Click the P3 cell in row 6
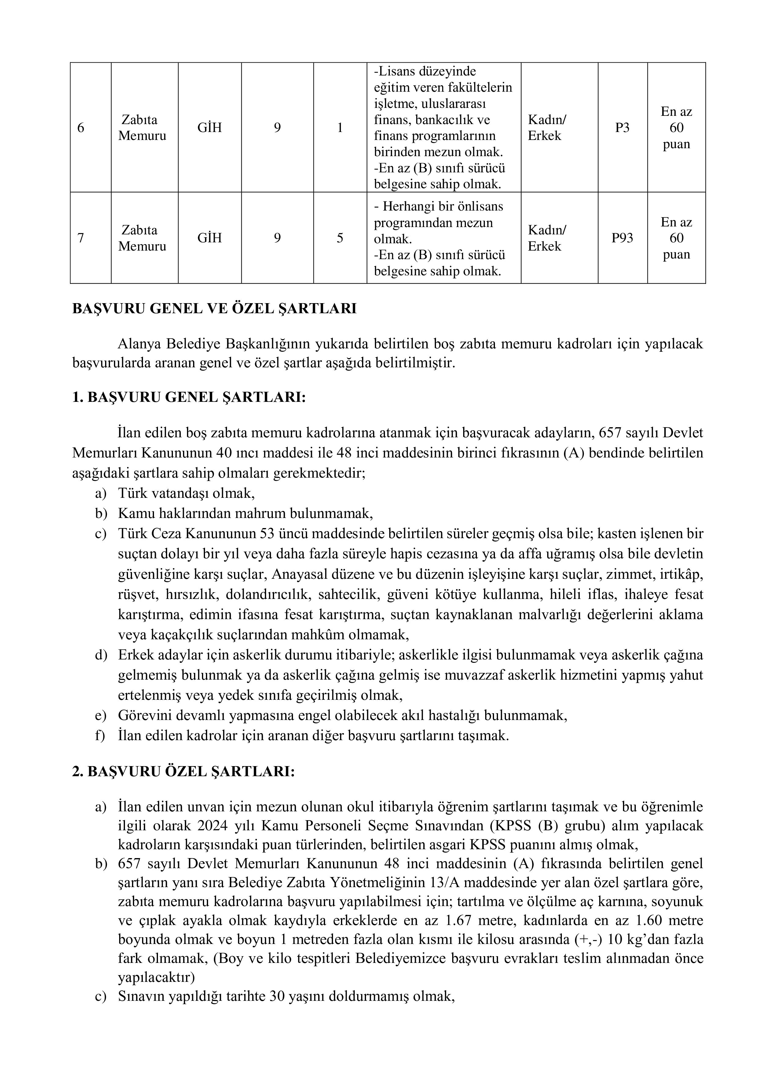tap(622, 127)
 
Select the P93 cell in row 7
tap(622, 238)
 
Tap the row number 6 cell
tap(81, 127)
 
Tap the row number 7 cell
tap(81, 238)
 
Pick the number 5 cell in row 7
tap(340, 238)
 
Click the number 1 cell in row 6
tap(340, 127)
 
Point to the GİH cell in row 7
tap(210, 238)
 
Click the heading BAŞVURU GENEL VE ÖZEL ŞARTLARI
tap(214, 309)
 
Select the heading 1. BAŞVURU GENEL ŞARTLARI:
tap(189, 397)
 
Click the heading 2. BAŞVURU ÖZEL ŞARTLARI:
tap(183, 771)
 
